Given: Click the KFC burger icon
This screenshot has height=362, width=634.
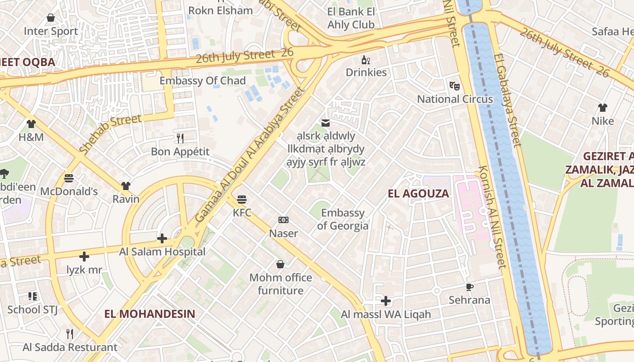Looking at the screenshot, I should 242,200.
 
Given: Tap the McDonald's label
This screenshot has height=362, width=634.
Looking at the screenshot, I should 69,191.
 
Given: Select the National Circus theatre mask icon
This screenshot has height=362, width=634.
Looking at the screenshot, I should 454,86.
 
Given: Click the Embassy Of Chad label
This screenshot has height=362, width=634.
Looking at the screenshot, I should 202,81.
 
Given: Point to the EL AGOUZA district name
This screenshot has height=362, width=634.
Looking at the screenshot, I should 418,194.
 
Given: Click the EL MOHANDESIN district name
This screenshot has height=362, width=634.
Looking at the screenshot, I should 149,314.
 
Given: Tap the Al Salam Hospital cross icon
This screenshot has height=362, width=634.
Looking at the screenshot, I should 162,238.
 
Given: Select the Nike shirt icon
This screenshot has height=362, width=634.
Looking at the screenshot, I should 602,108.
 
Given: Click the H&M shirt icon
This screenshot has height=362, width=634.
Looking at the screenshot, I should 31,124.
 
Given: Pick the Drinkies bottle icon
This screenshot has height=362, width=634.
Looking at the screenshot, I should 366,59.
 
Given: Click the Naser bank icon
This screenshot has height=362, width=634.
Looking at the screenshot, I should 283,220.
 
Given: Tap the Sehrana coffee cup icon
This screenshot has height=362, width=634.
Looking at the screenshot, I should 469,287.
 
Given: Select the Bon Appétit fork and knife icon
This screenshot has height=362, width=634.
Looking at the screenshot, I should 180,138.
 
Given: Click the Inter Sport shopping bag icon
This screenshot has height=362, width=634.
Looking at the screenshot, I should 51,18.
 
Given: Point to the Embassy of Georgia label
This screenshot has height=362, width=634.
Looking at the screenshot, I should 342,219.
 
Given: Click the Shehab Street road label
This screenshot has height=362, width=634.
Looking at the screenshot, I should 110,134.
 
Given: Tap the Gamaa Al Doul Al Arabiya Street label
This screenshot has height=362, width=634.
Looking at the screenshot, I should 250,155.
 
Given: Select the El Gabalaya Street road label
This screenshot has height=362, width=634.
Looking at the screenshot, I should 508,100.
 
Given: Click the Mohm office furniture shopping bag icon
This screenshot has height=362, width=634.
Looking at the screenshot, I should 280,264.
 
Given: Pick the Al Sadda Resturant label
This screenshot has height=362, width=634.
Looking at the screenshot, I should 70,348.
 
